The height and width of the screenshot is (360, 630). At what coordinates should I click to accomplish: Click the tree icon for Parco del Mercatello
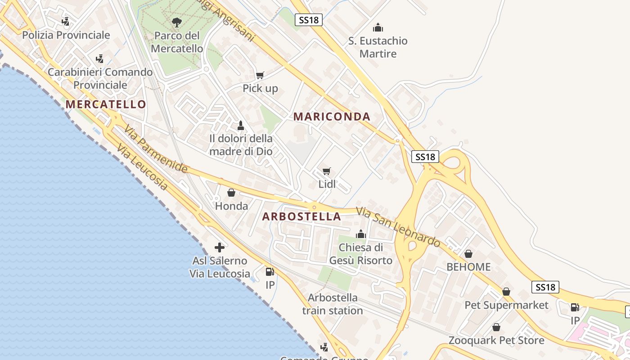click(176, 22)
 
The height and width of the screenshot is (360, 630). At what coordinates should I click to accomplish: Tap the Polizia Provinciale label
click(66, 35)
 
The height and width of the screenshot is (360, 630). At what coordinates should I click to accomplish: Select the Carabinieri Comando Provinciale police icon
click(99, 58)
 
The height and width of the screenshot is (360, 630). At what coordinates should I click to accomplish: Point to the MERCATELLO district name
click(106, 104)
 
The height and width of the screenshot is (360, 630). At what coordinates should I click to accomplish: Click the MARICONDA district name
click(332, 117)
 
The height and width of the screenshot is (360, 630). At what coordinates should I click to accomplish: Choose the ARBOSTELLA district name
click(301, 216)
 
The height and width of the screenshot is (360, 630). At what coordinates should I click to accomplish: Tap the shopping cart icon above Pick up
click(260, 75)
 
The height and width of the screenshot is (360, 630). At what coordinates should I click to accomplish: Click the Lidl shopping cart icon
click(327, 171)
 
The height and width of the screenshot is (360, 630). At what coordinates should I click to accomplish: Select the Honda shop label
click(231, 206)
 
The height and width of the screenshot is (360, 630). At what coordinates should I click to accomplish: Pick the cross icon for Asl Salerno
click(220, 247)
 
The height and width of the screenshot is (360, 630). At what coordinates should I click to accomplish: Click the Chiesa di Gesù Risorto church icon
click(360, 234)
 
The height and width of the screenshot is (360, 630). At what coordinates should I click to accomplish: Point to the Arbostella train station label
click(333, 304)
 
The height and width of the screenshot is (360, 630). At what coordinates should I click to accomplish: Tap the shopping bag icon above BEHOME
click(468, 254)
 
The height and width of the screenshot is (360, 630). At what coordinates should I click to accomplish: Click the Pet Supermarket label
click(506, 305)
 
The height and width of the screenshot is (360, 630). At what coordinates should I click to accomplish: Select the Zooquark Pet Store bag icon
click(496, 327)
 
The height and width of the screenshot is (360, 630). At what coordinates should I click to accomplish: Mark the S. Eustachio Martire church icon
click(378, 27)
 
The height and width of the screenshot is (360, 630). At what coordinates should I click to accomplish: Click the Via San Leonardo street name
click(398, 227)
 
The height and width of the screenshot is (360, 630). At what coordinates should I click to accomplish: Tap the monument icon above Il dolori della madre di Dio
click(241, 125)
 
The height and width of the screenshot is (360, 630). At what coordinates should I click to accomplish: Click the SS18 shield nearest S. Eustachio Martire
click(309, 20)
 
